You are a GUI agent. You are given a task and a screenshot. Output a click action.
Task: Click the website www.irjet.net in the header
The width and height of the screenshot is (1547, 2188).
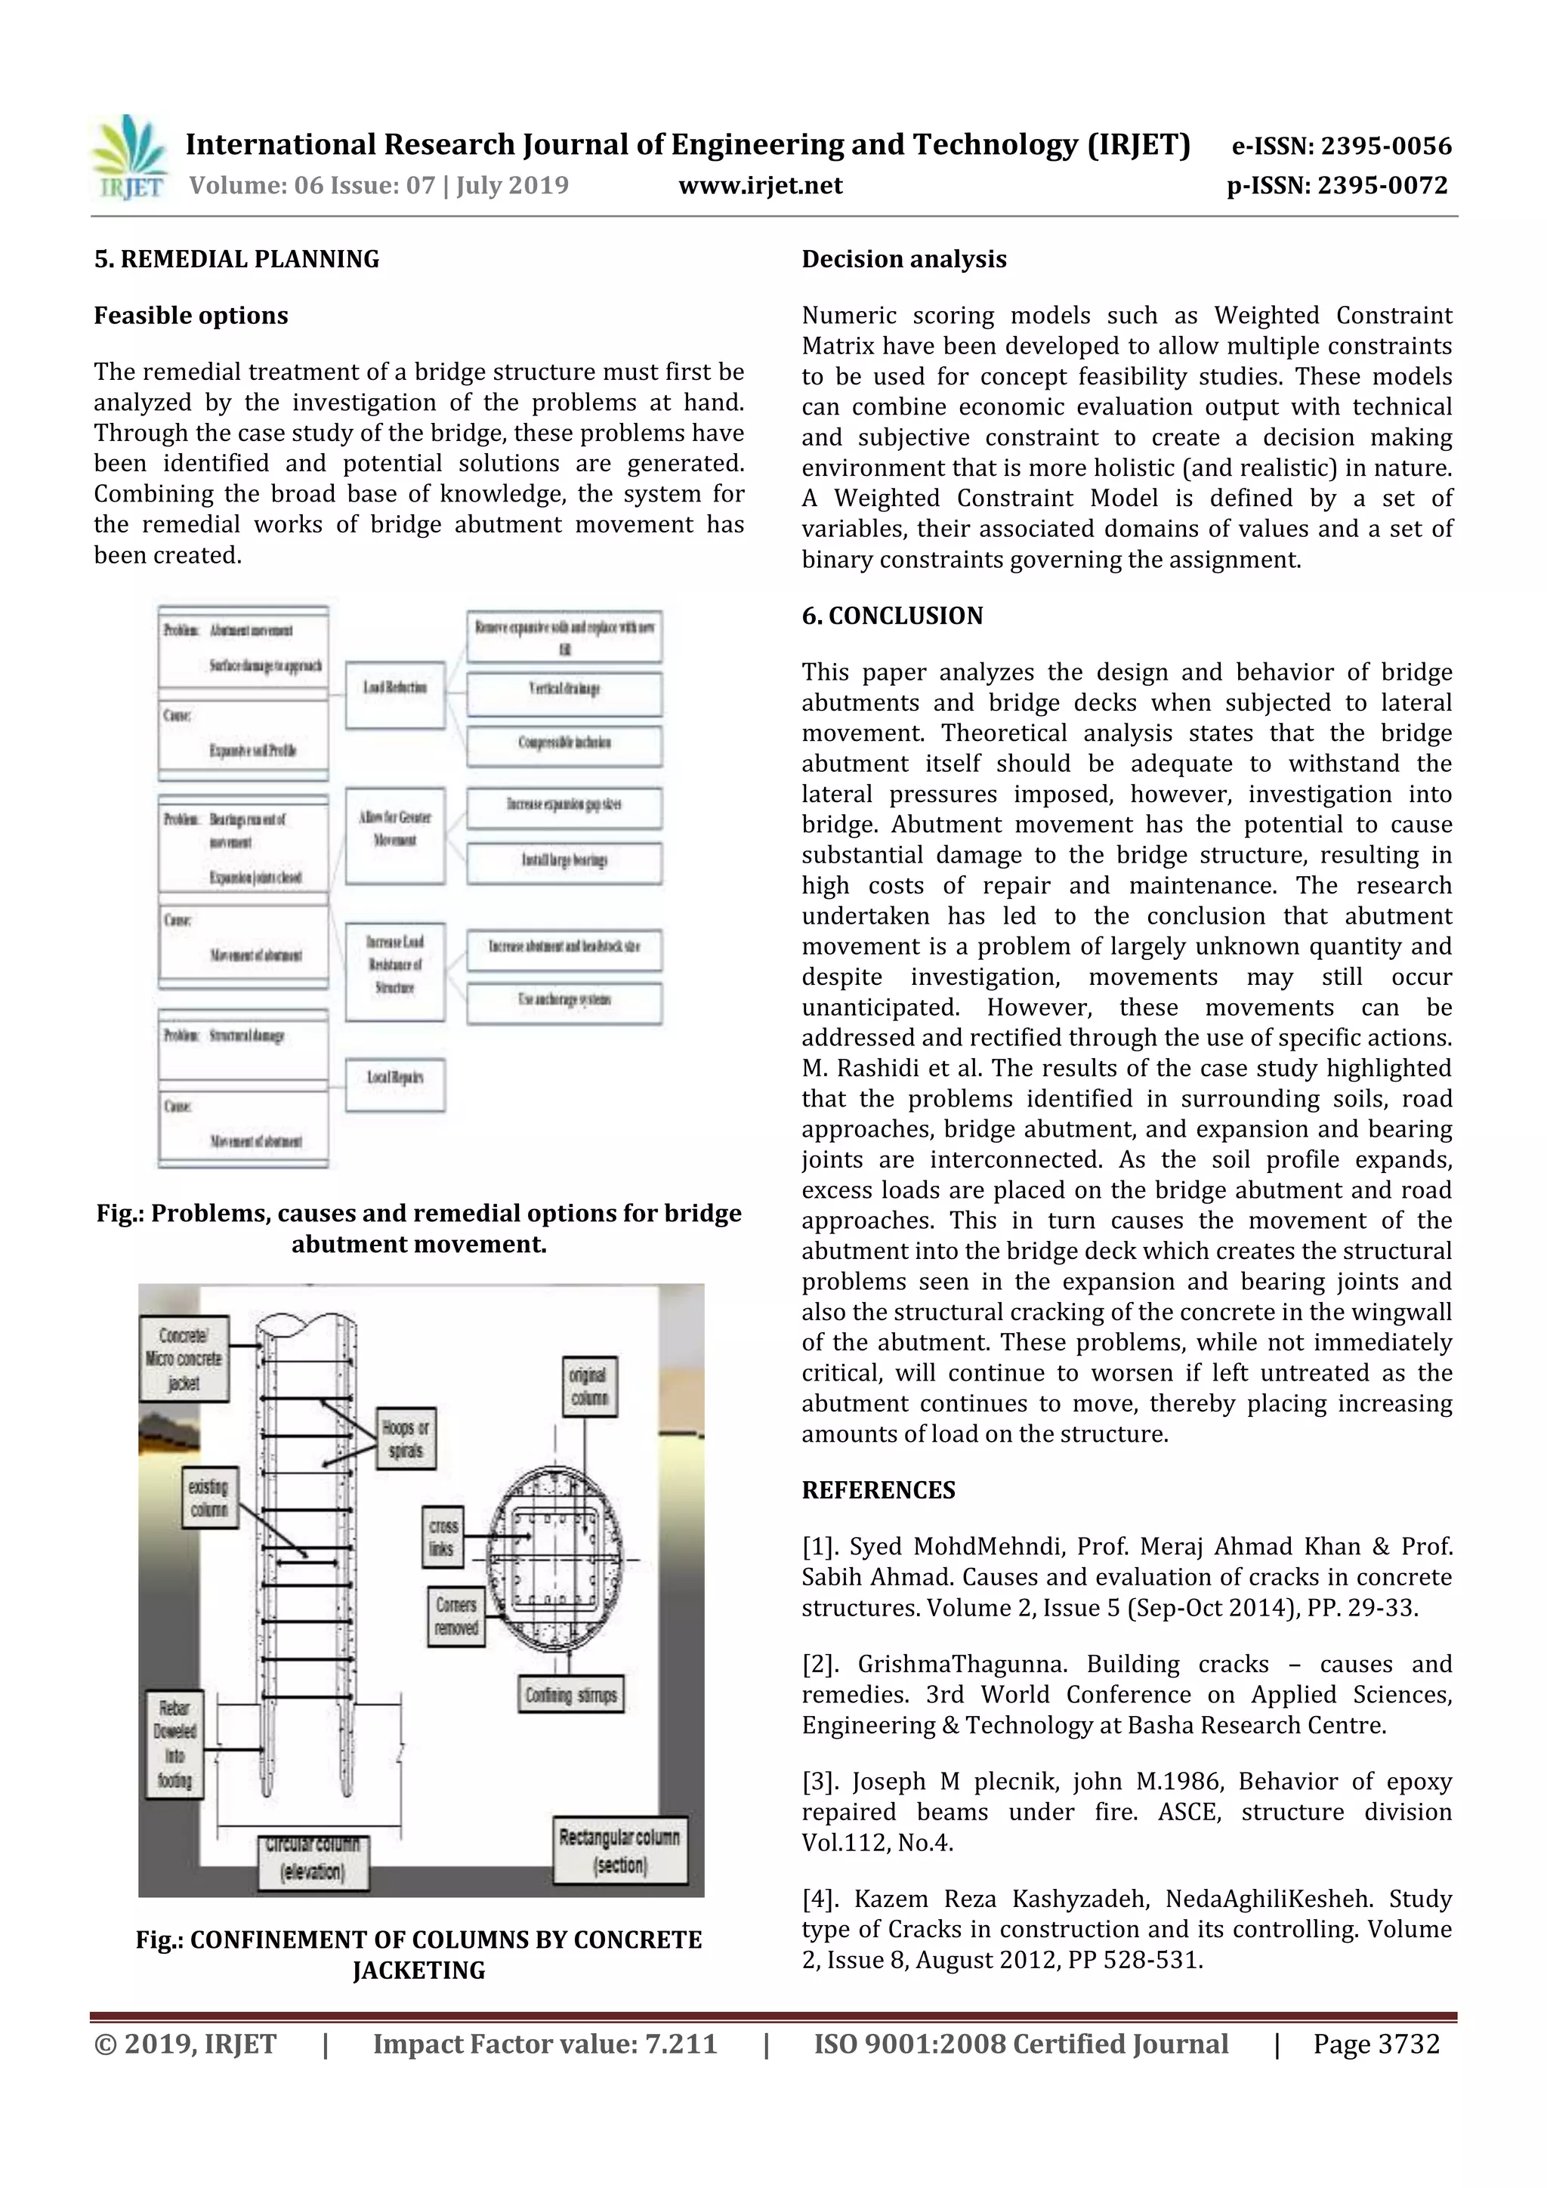[760, 185]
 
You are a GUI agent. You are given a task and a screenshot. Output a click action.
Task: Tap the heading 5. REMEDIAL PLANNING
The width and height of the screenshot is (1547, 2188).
[236, 259]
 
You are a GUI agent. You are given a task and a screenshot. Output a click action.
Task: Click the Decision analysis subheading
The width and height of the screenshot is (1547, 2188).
[903, 259]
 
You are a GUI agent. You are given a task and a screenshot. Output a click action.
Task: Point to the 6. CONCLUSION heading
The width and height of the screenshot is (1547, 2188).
[891, 616]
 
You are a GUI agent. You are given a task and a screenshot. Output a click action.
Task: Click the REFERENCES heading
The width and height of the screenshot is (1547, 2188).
[877, 1489]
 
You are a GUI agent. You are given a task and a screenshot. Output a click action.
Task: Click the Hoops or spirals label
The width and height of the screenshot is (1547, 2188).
[405, 1439]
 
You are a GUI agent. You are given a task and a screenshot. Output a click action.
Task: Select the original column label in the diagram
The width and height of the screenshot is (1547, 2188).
[589, 1387]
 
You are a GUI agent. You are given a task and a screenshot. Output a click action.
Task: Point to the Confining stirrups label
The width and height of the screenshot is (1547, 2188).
[570, 1696]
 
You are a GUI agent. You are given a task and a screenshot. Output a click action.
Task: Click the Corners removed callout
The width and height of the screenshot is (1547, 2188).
[455, 1616]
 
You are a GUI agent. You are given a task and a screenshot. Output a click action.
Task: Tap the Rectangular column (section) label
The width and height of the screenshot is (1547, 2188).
[619, 1850]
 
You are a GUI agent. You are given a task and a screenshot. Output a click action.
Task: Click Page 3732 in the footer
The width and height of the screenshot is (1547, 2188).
[1376, 2043]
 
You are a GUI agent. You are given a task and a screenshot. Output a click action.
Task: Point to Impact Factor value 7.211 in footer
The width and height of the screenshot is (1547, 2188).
[545, 2043]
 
